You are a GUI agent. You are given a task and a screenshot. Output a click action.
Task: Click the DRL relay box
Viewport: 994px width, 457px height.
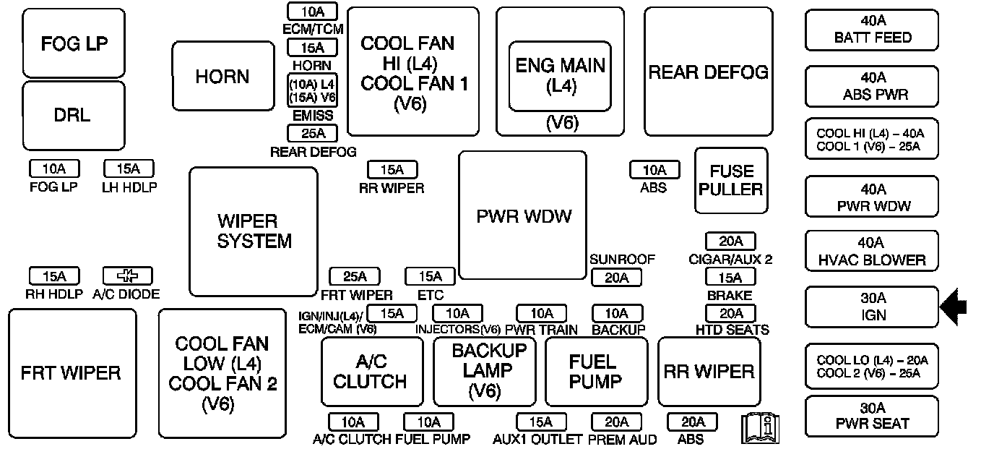pos(74,116)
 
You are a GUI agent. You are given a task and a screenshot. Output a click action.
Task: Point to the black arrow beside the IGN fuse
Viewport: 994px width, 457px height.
pos(954,307)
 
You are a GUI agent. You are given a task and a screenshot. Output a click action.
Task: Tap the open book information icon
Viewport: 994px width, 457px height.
pos(760,428)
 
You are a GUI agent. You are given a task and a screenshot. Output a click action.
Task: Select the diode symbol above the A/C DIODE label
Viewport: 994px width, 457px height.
pos(127,276)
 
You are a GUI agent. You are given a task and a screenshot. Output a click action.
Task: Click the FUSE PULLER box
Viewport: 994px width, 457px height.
pos(731,180)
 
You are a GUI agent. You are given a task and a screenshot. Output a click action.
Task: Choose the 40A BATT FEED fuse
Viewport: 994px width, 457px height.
pos(872,30)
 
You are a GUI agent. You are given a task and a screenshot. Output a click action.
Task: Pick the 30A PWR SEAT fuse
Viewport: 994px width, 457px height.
pos(872,416)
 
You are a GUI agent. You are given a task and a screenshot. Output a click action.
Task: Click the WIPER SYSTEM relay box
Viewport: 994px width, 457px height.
pos(254,231)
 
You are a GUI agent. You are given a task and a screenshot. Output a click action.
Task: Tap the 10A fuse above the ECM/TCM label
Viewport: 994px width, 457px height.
pos(312,12)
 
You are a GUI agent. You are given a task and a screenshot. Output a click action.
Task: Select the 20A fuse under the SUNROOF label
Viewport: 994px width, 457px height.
pos(616,278)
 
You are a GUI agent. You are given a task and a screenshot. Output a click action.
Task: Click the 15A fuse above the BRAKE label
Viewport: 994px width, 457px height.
pos(730,278)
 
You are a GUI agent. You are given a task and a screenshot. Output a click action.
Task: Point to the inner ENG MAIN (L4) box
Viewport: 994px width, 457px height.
pos(560,77)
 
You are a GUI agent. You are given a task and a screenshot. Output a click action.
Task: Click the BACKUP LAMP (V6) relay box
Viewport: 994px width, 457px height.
pos(485,371)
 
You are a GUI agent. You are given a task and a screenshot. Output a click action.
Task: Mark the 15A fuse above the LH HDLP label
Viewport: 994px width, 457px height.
pos(129,168)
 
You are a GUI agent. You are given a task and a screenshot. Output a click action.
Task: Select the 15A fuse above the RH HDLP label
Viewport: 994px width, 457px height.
pos(54,276)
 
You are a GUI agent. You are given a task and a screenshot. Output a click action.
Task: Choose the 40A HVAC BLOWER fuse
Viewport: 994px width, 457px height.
pos(872,251)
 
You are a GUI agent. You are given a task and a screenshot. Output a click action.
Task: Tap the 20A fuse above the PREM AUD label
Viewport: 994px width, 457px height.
pos(616,422)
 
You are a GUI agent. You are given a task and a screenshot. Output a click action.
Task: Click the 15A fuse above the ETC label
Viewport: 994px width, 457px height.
pos(430,276)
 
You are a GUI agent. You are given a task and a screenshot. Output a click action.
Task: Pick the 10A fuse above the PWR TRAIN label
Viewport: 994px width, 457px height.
pos(542,314)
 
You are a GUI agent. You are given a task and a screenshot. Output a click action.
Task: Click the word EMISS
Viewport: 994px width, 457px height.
pos(312,116)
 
